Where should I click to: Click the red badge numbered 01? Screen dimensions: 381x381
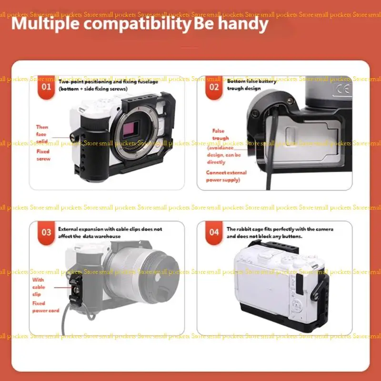[x=46, y=87]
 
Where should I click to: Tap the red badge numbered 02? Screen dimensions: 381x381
[x=214, y=87]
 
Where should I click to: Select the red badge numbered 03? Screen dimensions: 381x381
[x=46, y=232]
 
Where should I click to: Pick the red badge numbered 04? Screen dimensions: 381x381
[x=214, y=232]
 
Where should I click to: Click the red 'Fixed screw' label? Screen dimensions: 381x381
[x=43, y=155]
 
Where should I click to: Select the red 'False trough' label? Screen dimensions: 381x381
[x=220, y=134]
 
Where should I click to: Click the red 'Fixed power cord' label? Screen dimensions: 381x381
[x=45, y=307]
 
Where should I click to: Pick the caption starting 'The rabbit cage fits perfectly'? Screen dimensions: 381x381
[x=280, y=232]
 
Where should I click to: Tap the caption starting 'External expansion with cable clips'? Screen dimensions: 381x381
[x=110, y=232]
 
